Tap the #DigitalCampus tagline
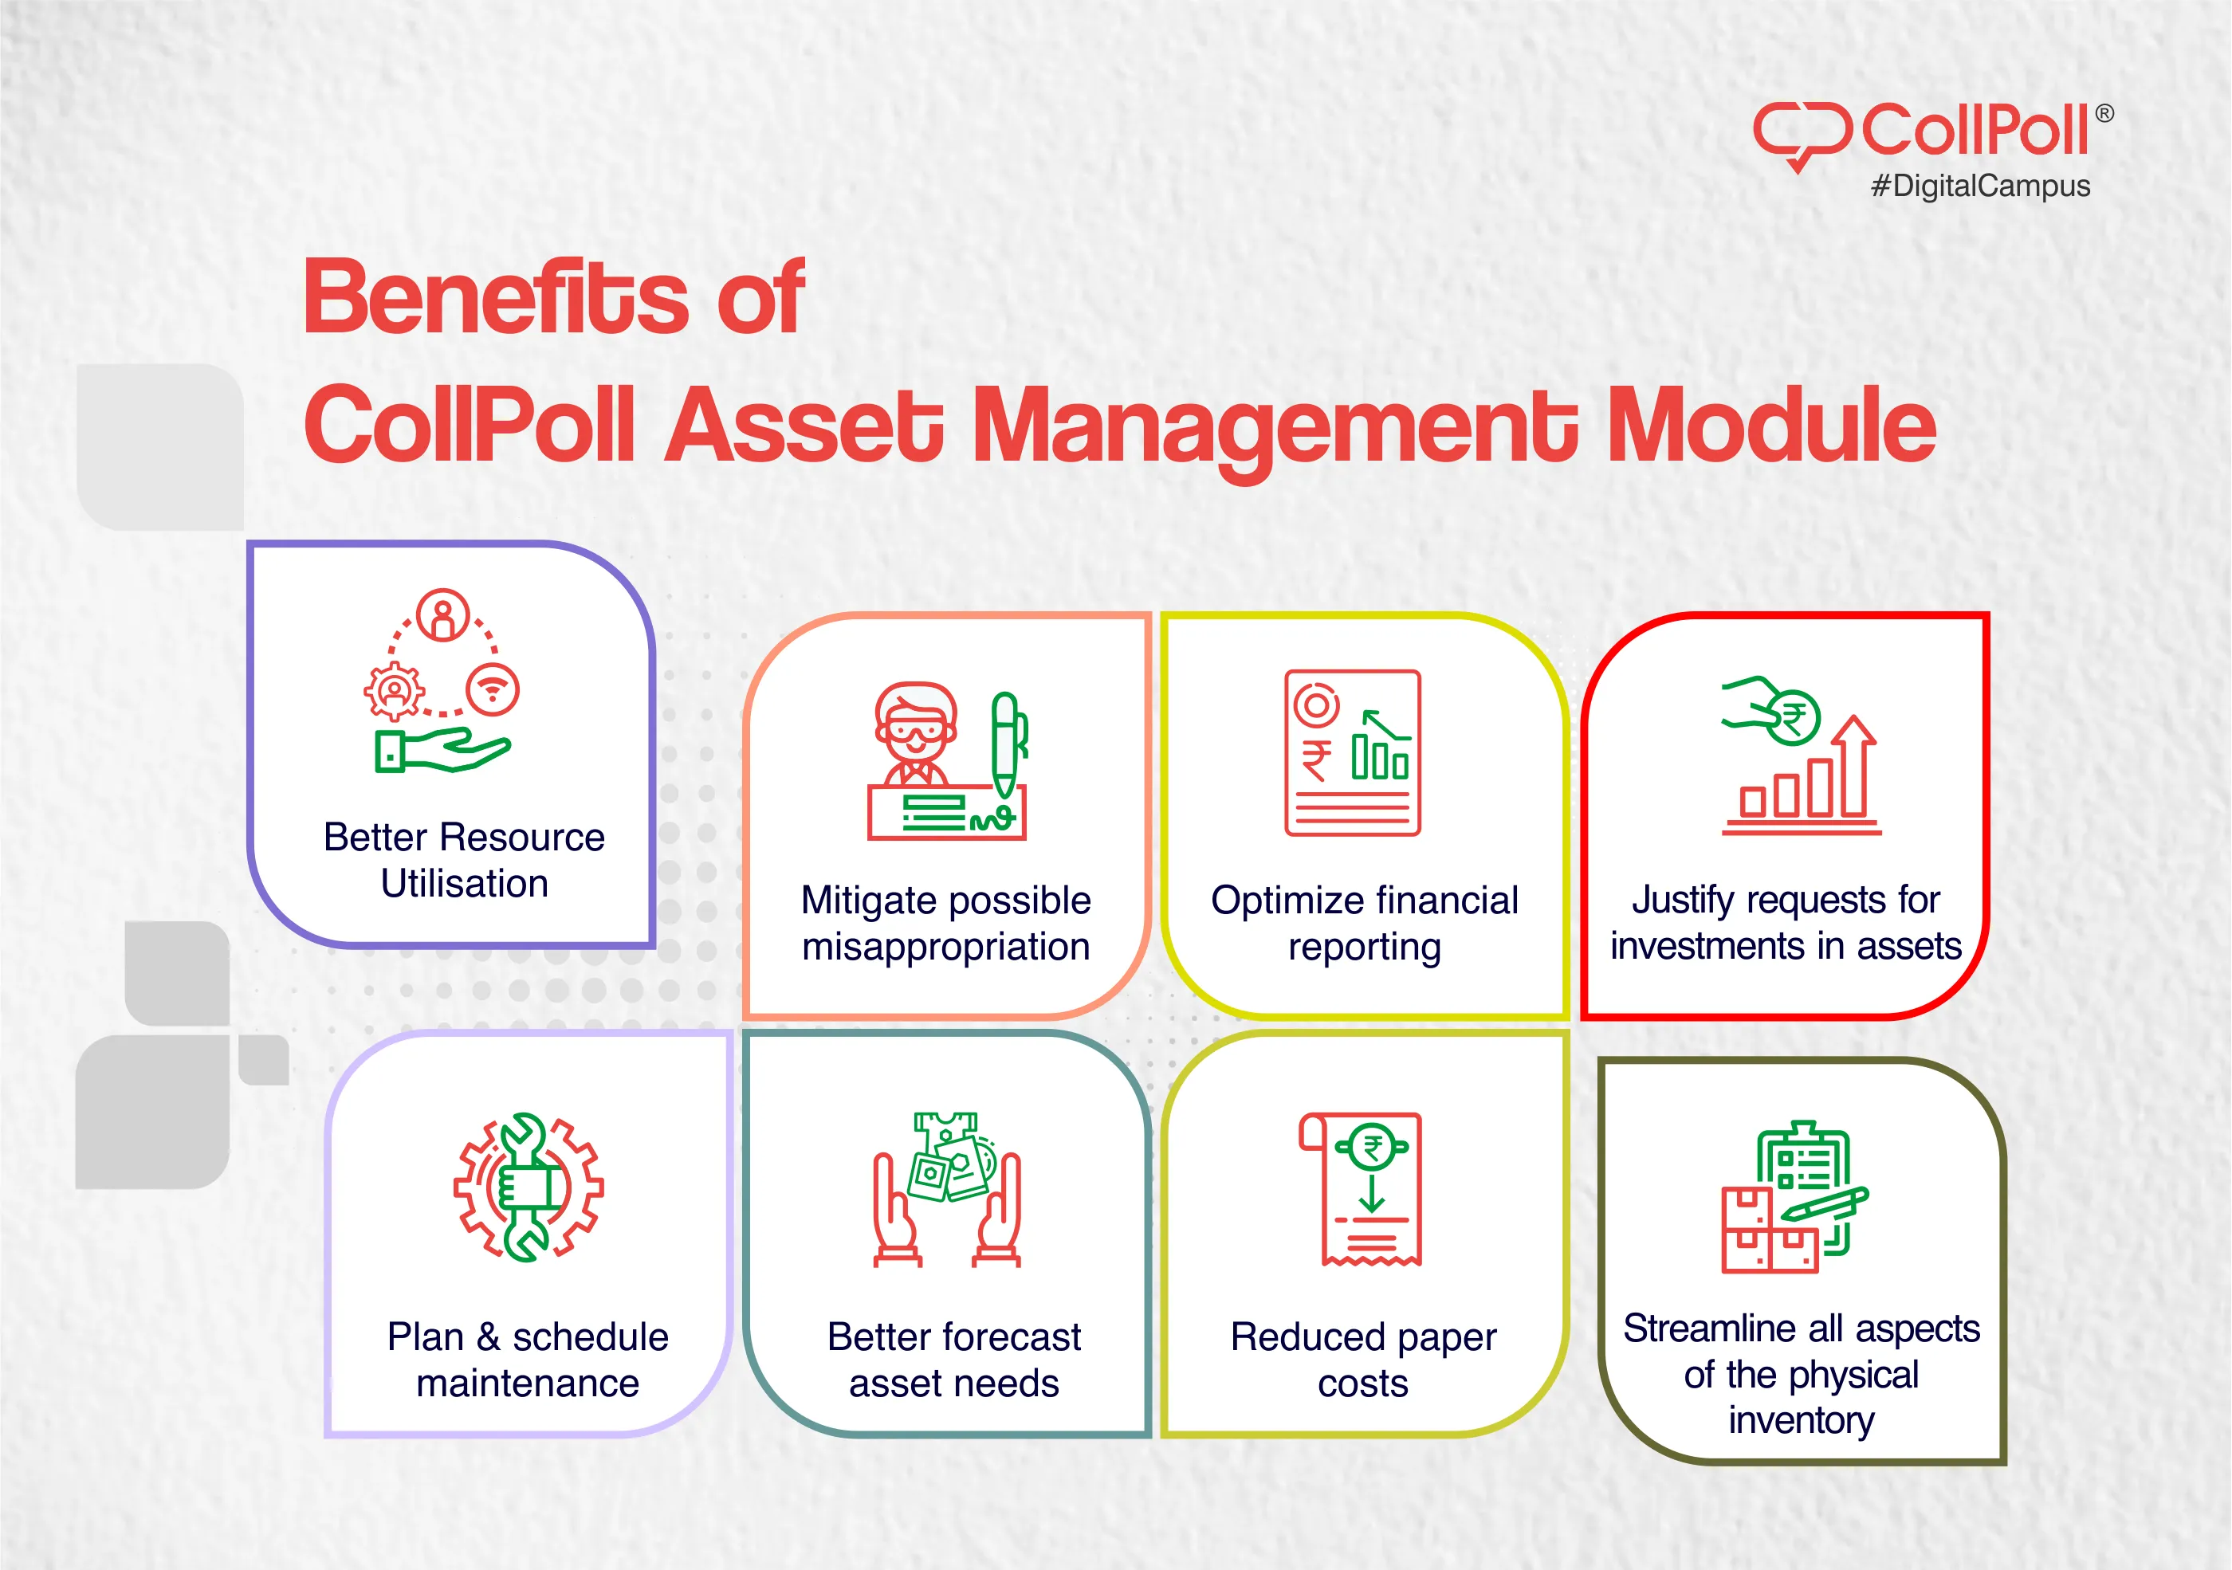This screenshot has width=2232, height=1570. (1980, 186)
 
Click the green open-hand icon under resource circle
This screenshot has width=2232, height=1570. (442, 752)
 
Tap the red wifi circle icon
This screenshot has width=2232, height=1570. (493, 690)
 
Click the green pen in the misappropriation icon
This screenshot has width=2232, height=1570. (1006, 744)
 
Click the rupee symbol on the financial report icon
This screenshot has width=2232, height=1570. (1316, 759)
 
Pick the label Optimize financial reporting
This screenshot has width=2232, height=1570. (1364, 924)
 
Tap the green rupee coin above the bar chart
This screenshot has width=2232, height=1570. (1794, 716)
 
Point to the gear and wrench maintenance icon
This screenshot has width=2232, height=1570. (528, 1187)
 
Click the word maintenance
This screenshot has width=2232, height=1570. (528, 1384)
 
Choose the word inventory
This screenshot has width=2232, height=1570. (1802, 1420)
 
